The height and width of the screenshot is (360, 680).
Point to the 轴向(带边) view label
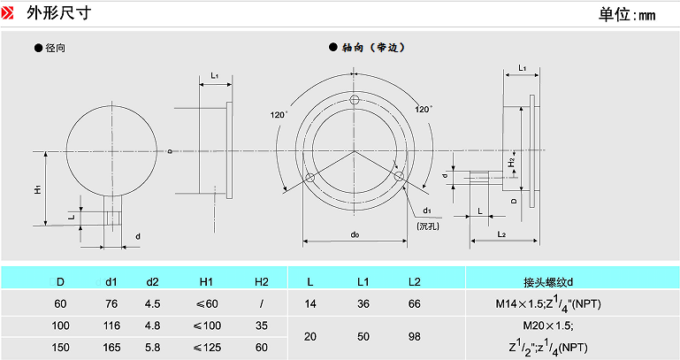tap(372, 48)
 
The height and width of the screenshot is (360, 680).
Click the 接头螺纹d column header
tap(548, 282)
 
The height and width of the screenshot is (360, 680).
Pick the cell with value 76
tap(111, 303)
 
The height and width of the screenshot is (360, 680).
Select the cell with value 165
tap(111, 347)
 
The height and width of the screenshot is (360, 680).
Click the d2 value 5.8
tap(152, 347)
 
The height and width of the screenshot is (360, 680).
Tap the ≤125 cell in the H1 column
tap(206, 347)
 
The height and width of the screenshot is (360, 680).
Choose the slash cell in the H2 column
tap(262, 303)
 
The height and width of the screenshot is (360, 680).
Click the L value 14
tap(309, 303)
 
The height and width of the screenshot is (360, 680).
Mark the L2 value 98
tap(414, 336)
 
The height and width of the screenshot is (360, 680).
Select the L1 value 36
tap(363, 303)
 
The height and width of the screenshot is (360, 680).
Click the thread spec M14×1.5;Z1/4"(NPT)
tap(548, 305)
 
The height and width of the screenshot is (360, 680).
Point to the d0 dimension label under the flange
tap(354, 234)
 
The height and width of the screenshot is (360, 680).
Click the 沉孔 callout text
tap(429, 226)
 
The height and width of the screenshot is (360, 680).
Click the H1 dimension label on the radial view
tap(38, 189)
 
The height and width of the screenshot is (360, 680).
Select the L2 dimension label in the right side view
tap(500, 234)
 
